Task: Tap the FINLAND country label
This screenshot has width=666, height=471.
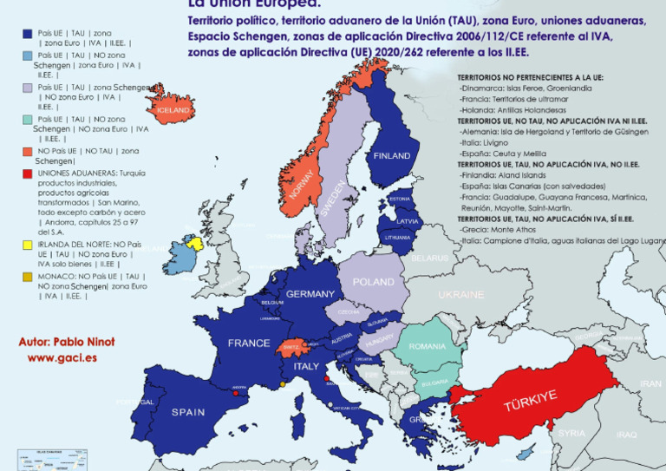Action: [391, 156]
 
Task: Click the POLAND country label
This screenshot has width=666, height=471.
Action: [373, 282]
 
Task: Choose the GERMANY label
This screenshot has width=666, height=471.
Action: [310, 294]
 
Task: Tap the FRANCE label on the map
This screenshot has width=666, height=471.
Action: [249, 343]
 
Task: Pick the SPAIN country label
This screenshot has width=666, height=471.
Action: [188, 412]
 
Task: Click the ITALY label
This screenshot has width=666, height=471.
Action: [305, 367]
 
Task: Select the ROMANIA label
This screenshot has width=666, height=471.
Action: [427, 346]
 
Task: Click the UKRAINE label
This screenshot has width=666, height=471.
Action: [460, 295]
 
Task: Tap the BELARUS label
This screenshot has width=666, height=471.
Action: [430, 258]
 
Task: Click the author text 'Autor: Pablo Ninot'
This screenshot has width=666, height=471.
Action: [66, 342]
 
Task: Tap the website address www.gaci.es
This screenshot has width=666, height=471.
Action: [62, 357]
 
